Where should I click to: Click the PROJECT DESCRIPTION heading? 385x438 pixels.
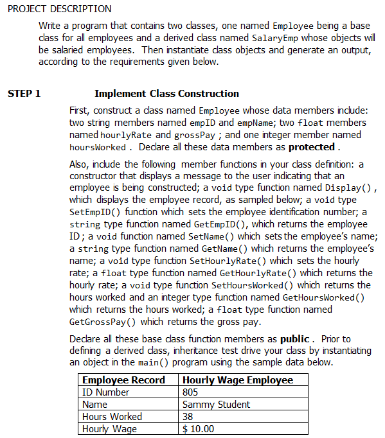[56, 8]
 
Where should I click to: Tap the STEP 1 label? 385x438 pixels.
[24, 94]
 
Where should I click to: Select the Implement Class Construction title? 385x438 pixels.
[166, 94]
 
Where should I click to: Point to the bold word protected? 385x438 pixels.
[312, 147]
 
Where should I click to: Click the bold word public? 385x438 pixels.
[296, 338]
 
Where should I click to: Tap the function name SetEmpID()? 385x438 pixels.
[97, 212]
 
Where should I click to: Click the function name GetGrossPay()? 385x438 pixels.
[102, 322]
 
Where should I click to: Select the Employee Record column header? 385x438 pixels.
[123, 380]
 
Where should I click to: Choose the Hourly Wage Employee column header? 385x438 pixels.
[237, 380]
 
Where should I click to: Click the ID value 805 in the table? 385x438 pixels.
[190, 392]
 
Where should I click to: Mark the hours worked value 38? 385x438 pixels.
[188, 417]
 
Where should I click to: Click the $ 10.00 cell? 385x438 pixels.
[199, 429]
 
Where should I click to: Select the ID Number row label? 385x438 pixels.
[105, 392]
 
